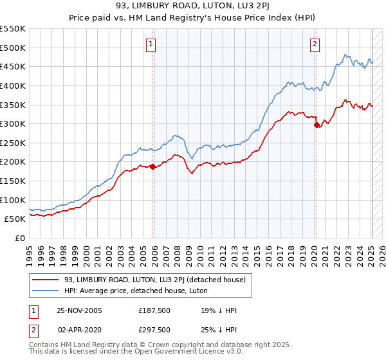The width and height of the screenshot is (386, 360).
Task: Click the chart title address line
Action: (192, 7)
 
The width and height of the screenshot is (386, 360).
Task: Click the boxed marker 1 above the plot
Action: (150, 44)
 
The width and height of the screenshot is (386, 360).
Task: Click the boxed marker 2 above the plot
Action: (315, 44)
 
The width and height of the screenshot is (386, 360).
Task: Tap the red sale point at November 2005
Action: (153, 166)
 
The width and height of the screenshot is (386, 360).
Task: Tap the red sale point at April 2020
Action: (317, 125)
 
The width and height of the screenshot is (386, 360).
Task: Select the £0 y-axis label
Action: (19, 238)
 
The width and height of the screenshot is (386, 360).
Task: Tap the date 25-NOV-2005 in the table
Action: (79, 310)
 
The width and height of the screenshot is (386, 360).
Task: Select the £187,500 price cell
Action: (153, 310)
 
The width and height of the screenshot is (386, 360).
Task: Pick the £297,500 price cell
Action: (153, 330)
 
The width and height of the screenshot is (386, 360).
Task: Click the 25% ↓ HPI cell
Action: (217, 330)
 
